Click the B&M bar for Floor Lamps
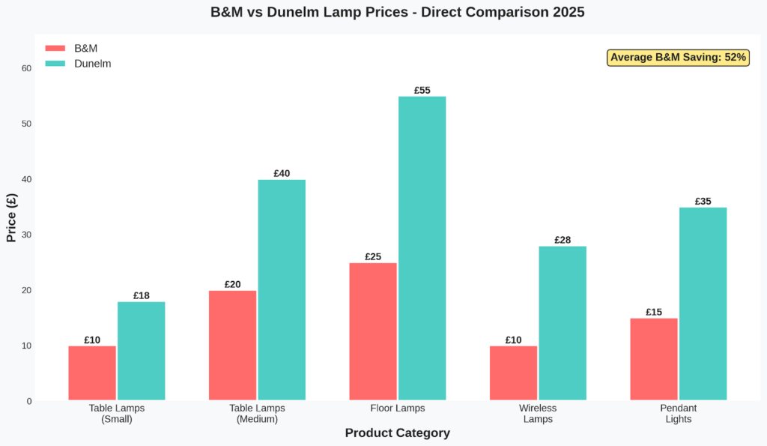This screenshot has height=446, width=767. tap(373, 331)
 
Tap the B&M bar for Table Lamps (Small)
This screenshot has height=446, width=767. tap(92, 373)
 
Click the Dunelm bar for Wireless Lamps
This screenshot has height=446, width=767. tap(563, 323)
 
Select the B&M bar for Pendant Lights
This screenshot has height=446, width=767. tap(654, 359)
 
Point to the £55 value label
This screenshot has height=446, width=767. tap(422, 91)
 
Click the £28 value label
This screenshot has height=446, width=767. tap(563, 240)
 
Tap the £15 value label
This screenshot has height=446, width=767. tap(654, 312)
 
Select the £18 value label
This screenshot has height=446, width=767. tap(142, 296)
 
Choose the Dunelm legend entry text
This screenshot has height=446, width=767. tap(93, 64)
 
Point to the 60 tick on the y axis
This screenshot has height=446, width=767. tap(27, 68)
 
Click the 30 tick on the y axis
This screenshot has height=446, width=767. tap(27, 235)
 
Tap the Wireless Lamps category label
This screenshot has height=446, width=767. tap(538, 414)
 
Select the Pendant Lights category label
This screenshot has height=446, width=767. tap(679, 414)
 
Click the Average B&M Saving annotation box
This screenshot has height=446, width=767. tap(678, 58)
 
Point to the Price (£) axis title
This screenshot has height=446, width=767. tap(11, 217)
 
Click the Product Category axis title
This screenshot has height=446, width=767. tap(397, 433)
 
